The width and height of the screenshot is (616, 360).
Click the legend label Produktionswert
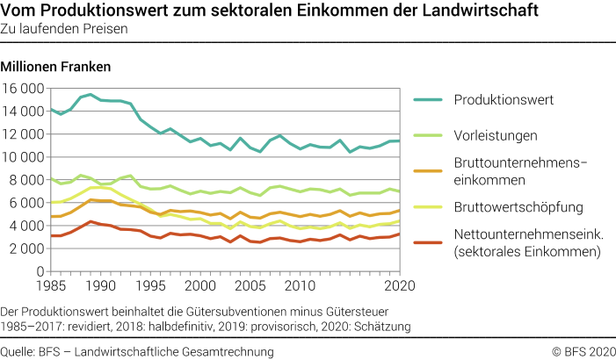pos(504,99)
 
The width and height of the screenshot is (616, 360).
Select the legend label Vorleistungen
pos(495,135)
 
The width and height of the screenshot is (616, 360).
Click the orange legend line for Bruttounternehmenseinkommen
pos(428,171)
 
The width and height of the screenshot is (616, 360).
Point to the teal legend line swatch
pos(428,99)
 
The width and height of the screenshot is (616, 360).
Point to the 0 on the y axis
pos(40,271)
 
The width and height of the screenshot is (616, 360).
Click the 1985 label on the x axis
pos(51,286)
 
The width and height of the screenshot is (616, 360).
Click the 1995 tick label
pos(150,286)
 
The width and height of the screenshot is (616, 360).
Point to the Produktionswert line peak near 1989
pos(90,94)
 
